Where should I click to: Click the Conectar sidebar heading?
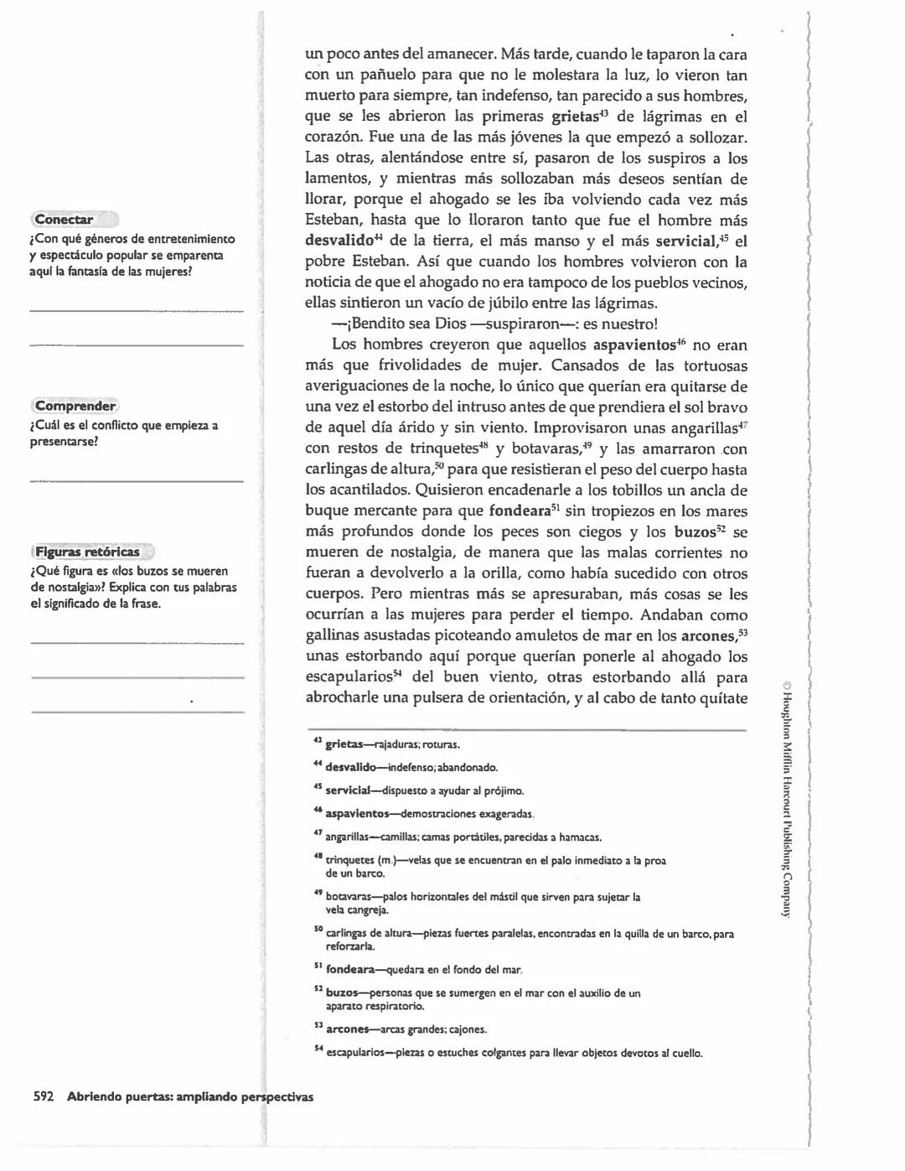[65, 220]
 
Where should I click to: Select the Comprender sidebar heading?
[75, 406]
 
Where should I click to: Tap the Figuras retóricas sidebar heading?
[87, 552]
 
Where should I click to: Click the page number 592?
[44, 1096]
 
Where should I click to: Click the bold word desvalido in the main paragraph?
[338, 241]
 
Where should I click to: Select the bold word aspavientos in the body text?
[633, 345]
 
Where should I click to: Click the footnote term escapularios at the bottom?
[355, 1053]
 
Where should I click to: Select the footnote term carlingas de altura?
[372, 933]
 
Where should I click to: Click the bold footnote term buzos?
[341, 992]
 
